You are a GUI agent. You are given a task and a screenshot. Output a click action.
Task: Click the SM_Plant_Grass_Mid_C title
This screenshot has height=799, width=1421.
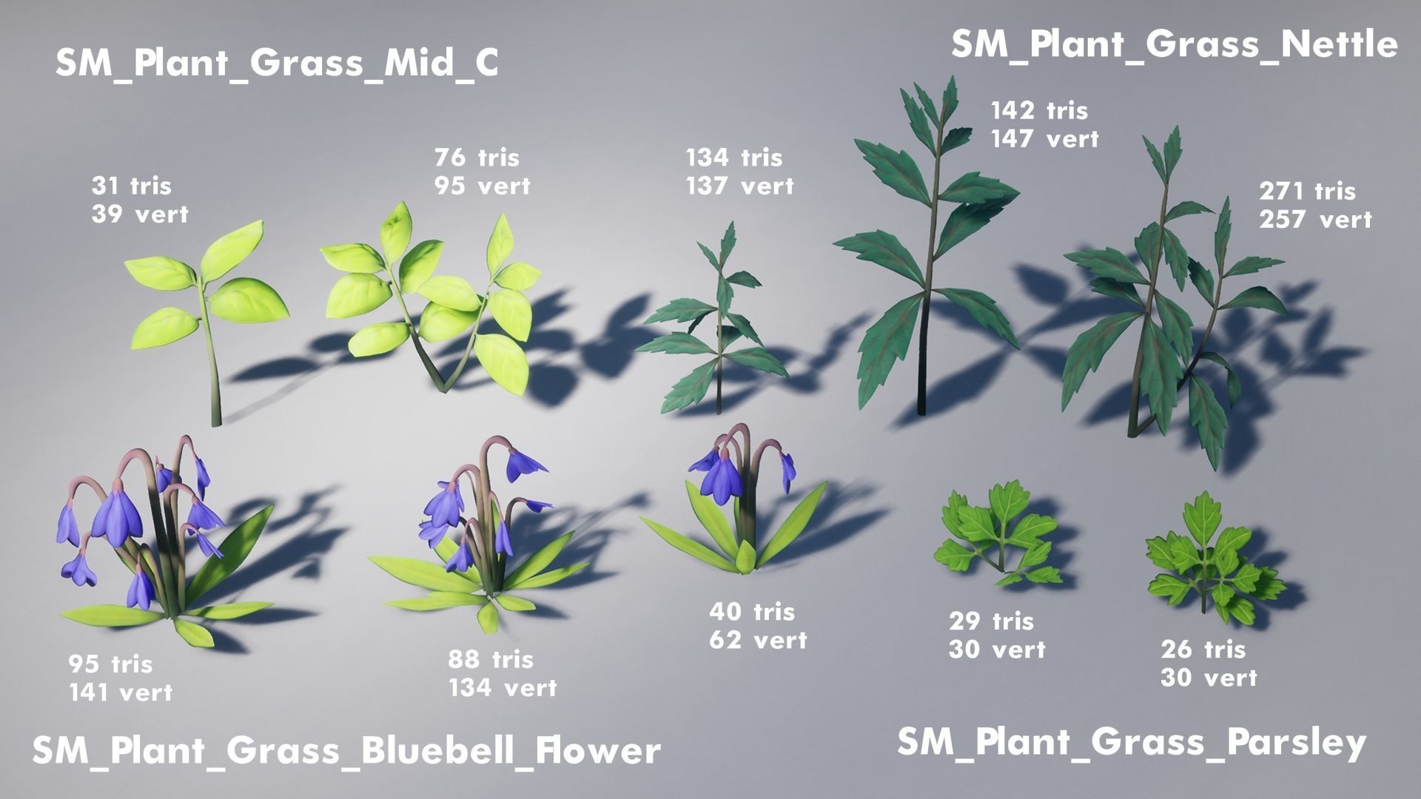[x=276, y=64]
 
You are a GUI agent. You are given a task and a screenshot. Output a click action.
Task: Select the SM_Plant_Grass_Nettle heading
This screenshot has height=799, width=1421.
[x=1174, y=44]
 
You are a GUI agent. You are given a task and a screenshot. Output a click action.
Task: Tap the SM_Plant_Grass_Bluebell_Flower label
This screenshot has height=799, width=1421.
[x=346, y=750]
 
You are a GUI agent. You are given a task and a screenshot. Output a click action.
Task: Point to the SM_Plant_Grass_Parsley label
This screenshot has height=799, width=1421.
[x=1131, y=742]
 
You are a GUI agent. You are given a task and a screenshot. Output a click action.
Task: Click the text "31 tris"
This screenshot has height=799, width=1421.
[x=131, y=186]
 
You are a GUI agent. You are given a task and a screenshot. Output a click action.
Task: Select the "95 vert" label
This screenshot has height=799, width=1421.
[x=482, y=186]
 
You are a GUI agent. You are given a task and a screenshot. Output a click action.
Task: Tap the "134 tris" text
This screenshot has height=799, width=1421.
[x=733, y=158]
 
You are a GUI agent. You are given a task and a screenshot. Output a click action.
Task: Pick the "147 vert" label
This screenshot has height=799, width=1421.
[x=1044, y=138]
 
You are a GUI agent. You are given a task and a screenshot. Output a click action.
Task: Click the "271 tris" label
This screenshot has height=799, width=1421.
[x=1307, y=192]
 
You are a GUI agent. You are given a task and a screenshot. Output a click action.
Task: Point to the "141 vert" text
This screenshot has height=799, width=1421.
[x=121, y=692]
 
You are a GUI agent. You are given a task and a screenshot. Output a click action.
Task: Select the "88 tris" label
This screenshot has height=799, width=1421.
[x=490, y=659]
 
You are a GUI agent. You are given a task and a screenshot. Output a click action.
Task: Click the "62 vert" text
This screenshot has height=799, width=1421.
[x=758, y=640]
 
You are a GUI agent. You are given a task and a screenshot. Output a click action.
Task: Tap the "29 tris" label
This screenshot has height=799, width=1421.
[x=991, y=621]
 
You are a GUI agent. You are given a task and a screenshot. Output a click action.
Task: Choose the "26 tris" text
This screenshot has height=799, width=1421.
[x=1203, y=650]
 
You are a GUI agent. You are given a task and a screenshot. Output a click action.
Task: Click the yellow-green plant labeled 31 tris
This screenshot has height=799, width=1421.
[x=207, y=311]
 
